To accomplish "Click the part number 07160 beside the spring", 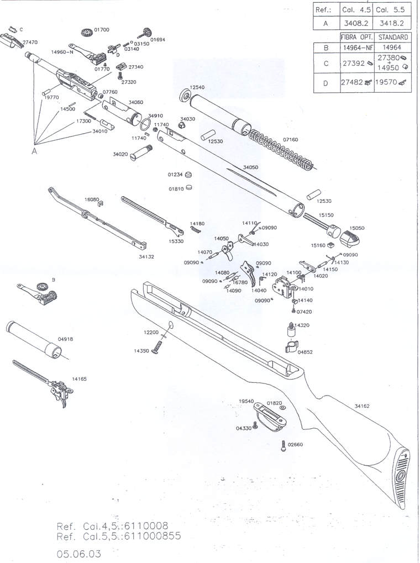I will (x=290, y=140).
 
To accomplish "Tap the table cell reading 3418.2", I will (x=390, y=23).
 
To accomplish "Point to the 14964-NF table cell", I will (x=355, y=48).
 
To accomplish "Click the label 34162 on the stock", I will (x=362, y=407).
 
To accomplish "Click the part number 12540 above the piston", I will (x=197, y=87).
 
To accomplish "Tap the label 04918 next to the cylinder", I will (x=65, y=339).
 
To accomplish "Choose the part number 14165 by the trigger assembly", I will (x=80, y=380).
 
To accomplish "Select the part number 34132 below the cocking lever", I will (x=147, y=256).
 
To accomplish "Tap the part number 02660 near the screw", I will (x=296, y=444).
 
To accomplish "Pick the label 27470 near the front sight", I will (x=30, y=42).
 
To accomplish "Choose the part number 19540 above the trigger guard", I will (x=246, y=401).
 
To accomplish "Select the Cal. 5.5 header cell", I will (x=390, y=10).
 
